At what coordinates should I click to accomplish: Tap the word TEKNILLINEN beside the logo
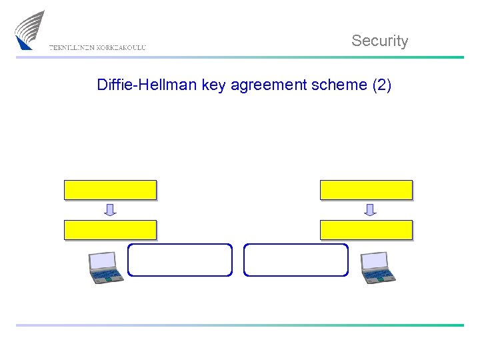(x=71, y=48)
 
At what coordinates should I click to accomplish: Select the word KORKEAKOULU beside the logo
(x=121, y=48)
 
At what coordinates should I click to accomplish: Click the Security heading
(x=379, y=41)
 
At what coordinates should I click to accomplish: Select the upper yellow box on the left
(x=110, y=190)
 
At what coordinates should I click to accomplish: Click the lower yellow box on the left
(x=110, y=230)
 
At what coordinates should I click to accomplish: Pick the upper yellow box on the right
(x=366, y=190)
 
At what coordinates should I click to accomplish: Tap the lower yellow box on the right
(x=366, y=230)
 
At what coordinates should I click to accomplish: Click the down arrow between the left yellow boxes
(x=110, y=210)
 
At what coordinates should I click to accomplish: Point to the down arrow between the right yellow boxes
(x=370, y=210)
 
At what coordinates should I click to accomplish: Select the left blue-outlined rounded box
(x=180, y=260)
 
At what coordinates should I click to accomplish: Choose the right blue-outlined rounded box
(x=296, y=260)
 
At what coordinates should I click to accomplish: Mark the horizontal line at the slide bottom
(x=240, y=325)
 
